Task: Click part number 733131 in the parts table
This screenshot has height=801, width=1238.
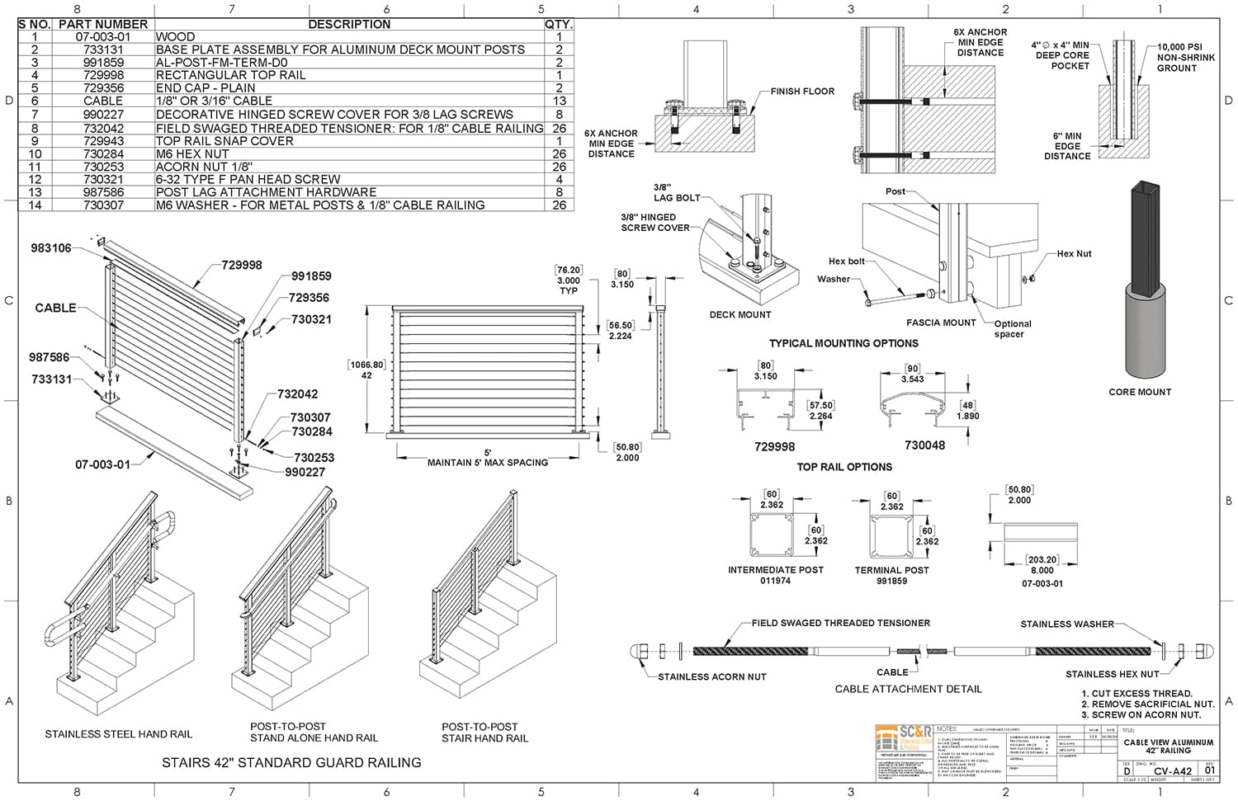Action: pos(103,49)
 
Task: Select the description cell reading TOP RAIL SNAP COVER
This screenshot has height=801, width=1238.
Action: pos(224,141)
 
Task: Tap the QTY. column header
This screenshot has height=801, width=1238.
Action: pos(558,25)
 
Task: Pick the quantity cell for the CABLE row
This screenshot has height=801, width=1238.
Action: pos(559,101)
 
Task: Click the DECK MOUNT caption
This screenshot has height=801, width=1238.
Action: pos(740,314)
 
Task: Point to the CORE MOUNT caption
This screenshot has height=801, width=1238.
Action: pos(1140,392)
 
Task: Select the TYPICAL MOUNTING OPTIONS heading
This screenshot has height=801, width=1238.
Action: pos(843,343)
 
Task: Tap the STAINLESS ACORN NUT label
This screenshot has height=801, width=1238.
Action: pos(711,676)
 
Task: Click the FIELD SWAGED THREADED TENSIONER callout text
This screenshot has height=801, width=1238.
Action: pos(840,623)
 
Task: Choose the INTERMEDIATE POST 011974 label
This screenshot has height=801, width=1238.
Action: pos(775,575)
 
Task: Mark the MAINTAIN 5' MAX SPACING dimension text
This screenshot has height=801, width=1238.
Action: pos(487,463)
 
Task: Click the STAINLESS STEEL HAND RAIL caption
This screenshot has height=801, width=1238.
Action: pos(118,734)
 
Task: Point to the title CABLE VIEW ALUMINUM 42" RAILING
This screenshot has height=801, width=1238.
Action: pos(1168,746)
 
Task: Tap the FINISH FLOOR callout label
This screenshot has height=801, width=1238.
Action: pos(802,92)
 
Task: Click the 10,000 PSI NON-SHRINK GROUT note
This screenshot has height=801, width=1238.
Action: pos(1185,58)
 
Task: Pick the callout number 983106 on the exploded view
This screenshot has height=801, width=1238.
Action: pos(51,247)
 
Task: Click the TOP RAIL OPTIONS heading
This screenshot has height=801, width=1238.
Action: pos(843,467)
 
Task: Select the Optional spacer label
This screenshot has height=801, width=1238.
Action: pos(1012,328)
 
